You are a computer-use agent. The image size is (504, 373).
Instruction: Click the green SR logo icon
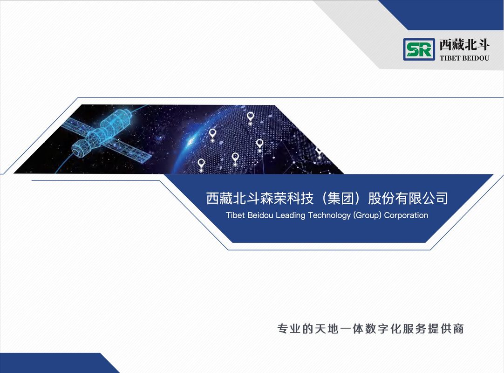[x=419, y=49]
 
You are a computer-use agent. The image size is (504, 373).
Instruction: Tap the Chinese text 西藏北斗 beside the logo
[x=464, y=45]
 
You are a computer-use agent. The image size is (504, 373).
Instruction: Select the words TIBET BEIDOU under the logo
[x=464, y=58]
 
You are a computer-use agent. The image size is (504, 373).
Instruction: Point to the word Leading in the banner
[x=291, y=215]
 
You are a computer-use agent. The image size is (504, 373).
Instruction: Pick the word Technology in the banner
[x=329, y=215]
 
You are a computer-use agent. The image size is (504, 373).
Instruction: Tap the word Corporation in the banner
[x=406, y=215]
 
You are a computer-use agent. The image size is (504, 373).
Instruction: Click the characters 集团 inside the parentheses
[x=341, y=198]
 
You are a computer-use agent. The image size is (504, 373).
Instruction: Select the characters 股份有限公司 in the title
[x=408, y=198]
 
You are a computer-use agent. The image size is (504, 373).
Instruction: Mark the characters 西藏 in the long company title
[x=219, y=198]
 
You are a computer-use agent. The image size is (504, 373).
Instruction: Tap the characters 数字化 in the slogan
[x=383, y=329]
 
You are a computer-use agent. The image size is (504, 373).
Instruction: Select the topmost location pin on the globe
[x=251, y=117]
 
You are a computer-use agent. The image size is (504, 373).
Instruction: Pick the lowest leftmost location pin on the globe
[x=201, y=164]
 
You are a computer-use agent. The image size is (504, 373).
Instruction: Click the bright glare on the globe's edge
[x=191, y=141]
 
